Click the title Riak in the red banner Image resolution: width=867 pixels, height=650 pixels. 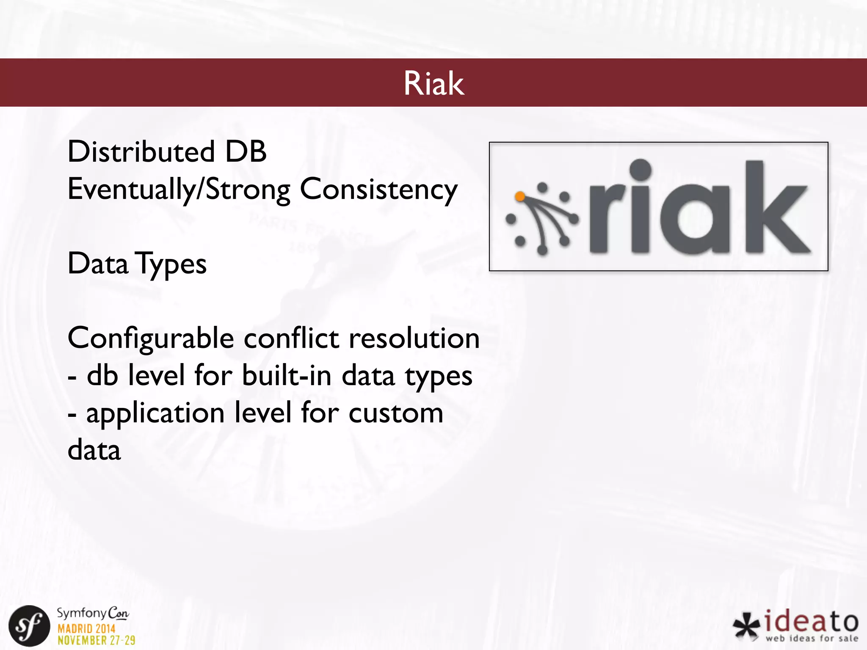433,83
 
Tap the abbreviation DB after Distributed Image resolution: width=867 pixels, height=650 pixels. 246,151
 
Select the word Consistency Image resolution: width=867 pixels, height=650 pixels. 378,189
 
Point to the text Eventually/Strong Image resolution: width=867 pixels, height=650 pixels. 179,189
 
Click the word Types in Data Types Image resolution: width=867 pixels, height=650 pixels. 171,264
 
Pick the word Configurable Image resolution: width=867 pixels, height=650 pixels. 151,339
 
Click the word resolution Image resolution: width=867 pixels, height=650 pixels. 414,339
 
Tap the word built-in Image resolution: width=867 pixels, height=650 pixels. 287,375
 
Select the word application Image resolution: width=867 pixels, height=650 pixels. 155,413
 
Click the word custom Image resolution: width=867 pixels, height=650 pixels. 396,413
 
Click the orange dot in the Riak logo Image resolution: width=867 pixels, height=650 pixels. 520,196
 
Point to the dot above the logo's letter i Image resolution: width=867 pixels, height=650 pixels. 641,170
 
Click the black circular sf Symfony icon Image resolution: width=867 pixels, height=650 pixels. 29,626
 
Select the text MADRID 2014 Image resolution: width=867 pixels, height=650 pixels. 86,628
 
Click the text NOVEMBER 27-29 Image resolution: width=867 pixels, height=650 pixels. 97,640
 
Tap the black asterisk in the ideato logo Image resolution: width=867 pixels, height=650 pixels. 747,625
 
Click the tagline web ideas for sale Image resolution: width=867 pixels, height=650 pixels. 812,638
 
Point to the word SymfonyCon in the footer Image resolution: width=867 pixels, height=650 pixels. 93,613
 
